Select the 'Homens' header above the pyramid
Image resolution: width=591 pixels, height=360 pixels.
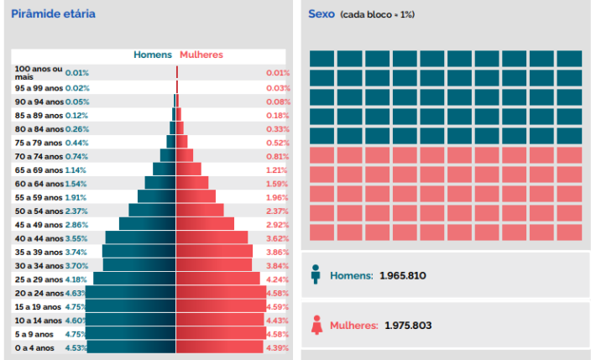tap(153, 55)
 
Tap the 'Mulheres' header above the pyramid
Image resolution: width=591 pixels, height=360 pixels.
tap(201, 55)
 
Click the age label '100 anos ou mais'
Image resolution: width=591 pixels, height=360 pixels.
tap(39, 71)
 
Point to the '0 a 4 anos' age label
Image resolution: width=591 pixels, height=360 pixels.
tap(34, 347)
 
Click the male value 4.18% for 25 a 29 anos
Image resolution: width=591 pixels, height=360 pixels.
tap(76, 279)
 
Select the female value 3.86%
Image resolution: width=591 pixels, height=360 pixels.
tap(278, 252)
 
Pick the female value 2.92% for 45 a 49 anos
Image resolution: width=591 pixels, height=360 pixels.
tap(278, 225)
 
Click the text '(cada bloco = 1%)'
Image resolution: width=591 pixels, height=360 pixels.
tap(378, 15)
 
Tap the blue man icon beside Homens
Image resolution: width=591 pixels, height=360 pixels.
tap(316, 275)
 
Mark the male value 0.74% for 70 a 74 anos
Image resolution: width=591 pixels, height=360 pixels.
tap(76, 156)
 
